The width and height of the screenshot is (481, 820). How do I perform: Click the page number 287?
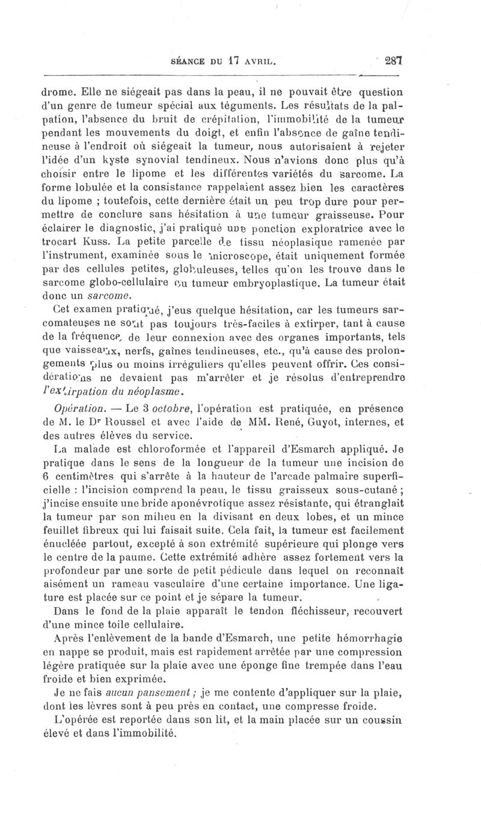[393, 61]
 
